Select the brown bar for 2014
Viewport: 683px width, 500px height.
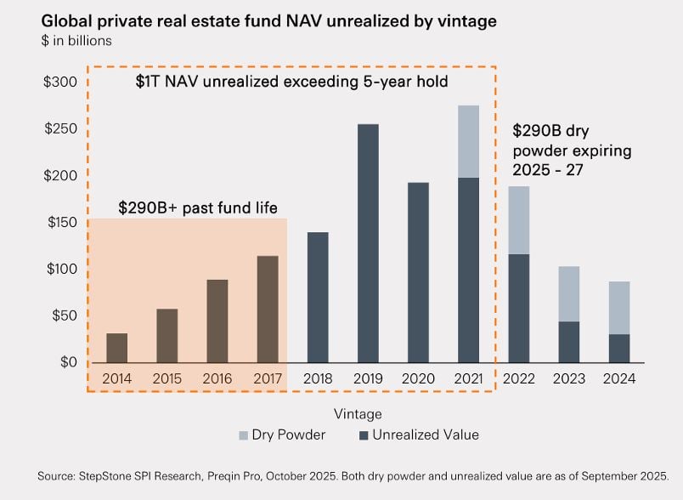pos(117,348)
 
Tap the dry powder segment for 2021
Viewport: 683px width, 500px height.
pos(468,141)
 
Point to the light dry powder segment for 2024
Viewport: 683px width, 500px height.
pos(619,308)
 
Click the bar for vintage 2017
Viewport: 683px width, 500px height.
pos(268,309)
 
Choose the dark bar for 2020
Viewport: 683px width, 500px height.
pos(418,272)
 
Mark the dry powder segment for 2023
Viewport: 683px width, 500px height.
pos(569,293)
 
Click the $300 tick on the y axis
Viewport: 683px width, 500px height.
pos(60,82)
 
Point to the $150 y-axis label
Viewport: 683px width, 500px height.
pos(60,223)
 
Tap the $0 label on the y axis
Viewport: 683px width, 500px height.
pos(67,362)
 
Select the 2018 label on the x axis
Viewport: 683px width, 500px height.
pos(318,378)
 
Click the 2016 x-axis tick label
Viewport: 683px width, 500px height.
pos(217,378)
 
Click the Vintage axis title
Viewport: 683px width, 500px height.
pos(358,414)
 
